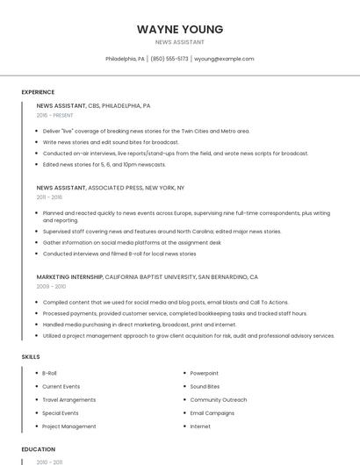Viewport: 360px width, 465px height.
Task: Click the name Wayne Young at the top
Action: click(x=180, y=29)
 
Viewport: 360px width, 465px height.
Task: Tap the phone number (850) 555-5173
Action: click(x=169, y=59)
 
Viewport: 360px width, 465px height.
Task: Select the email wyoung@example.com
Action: click(x=224, y=59)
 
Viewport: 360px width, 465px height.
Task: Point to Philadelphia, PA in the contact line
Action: click(x=125, y=59)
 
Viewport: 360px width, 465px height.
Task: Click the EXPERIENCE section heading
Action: click(x=38, y=92)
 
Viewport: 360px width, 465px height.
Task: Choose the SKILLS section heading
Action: click(x=31, y=357)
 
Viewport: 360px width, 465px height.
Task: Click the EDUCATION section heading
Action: click(x=39, y=449)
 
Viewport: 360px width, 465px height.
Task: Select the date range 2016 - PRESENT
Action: click(x=54, y=115)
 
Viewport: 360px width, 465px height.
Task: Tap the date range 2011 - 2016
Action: click(x=49, y=197)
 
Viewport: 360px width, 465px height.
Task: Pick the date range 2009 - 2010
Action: click(x=51, y=286)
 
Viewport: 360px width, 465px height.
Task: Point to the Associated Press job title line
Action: click(x=111, y=188)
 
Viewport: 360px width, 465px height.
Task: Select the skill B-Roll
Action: click(x=49, y=373)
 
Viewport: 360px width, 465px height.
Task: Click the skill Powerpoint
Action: click(x=205, y=373)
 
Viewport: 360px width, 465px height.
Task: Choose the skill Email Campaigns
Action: click(x=212, y=413)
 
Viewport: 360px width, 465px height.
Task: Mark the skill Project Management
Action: click(x=69, y=426)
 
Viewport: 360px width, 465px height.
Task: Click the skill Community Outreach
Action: click(x=218, y=400)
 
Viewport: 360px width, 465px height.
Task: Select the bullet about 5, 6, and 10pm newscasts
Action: click(x=104, y=164)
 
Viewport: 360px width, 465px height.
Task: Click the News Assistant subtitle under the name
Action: click(x=180, y=42)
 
